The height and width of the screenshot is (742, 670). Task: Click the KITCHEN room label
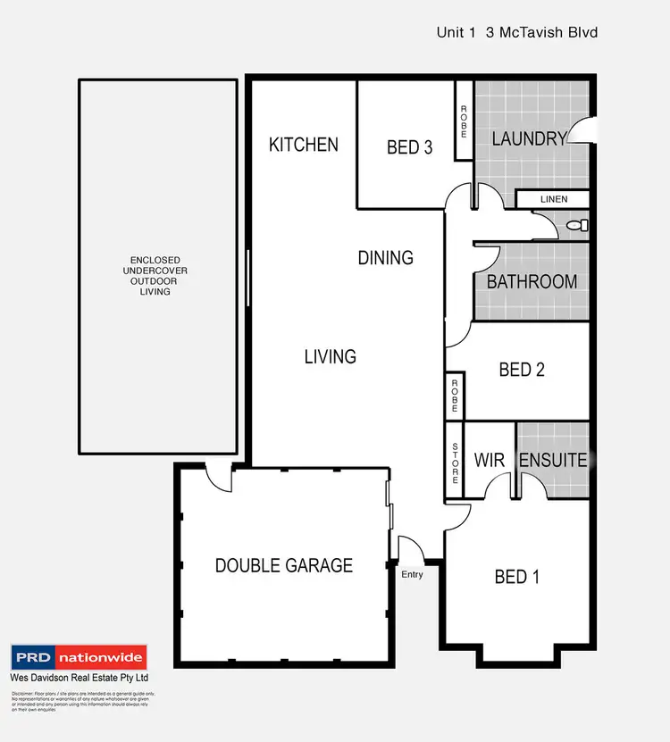click(x=304, y=144)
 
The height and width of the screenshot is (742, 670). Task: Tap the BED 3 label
click(x=409, y=147)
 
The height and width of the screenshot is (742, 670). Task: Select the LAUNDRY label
click(x=530, y=138)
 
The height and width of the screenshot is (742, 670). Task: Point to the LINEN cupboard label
click(x=552, y=199)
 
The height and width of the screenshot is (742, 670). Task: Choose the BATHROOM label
click(x=532, y=281)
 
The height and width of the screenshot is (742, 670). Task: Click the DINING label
click(x=385, y=258)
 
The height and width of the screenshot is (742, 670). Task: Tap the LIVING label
click(x=330, y=356)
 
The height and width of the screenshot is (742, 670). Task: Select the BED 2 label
click(x=522, y=369)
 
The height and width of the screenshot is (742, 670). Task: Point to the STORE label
click(x=456, y=463)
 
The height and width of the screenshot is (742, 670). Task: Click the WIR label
click(x=490, y=461)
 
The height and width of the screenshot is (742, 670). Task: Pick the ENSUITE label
click(x=553, y=461)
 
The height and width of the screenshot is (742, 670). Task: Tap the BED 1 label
click(x=517, y=577)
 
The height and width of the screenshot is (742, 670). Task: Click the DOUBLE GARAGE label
click(x=284, y=565)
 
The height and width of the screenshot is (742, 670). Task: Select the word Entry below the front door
click(x=412, y=574)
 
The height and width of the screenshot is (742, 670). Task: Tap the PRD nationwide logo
click(x=78, y=658)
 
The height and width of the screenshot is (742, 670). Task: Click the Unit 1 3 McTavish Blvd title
click(x=516, y=32)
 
